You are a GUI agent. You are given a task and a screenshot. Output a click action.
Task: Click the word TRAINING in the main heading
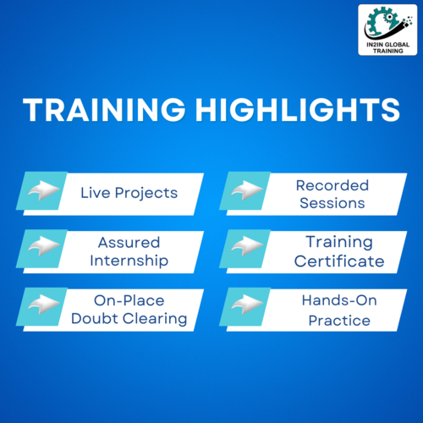pyautogui.click(x=104, y=110)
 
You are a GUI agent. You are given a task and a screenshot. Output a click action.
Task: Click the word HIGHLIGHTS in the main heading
pyautogui.click(x=298, y=110)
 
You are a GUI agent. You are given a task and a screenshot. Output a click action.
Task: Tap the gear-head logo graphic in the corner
pyautogui.click(x=388, y=23)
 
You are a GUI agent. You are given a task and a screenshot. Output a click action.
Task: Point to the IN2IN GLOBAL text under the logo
pyautogui.click(x=388, y=45)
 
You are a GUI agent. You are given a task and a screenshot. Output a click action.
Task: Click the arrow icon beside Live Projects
pyautogui.click(x=44, y=190)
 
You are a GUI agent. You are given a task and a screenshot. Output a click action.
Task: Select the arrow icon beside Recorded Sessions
pyautogui.click(x=247, y=190)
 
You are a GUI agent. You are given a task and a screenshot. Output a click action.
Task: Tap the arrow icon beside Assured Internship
pyautogui.click(x=44, y=246)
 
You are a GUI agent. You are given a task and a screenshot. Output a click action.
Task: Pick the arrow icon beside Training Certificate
pyautogui.click(x=247, y=246)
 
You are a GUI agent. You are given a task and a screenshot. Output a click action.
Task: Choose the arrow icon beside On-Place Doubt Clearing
pyautogui.click(x=44, y=304)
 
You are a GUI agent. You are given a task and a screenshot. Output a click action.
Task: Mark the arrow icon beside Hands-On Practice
pyautogui.click(x=247, y=304)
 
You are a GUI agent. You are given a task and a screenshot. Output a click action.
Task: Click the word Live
pyautogui.click(x=96, y=193)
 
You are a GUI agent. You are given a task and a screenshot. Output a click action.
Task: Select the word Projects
pyautogui.click(x=146, y=194)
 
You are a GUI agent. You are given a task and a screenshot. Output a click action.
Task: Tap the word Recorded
pyautogui.click(x=332, y=185)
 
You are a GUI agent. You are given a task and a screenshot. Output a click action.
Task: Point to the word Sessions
pyautogui.click(x=332, y=203)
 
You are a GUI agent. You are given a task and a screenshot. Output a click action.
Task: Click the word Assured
pyautogui.click(x=129, y=243)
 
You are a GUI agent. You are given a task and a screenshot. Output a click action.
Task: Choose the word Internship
pyautogui.click(x=129, y=261)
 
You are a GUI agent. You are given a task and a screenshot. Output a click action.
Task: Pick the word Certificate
pyautogui.click(x=339, y=261)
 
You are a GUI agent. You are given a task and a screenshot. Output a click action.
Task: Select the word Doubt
pyautogui.click(x=95, y=319)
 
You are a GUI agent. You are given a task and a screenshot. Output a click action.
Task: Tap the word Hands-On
pyautogui.click(x=339, y=300)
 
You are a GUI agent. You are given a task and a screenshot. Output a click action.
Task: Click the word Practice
pyautogui.click(x=339, y=321)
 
